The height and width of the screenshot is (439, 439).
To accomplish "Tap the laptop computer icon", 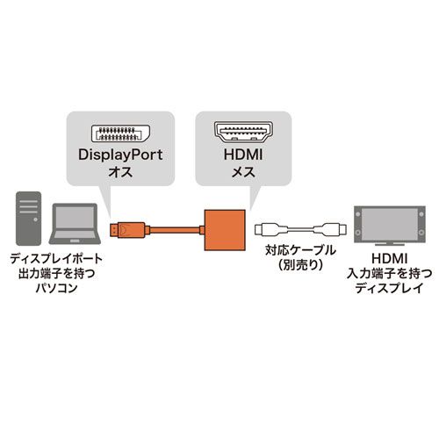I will click(x=75, y=227).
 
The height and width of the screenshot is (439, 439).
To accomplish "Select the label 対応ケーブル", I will click(x=300, y=249).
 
